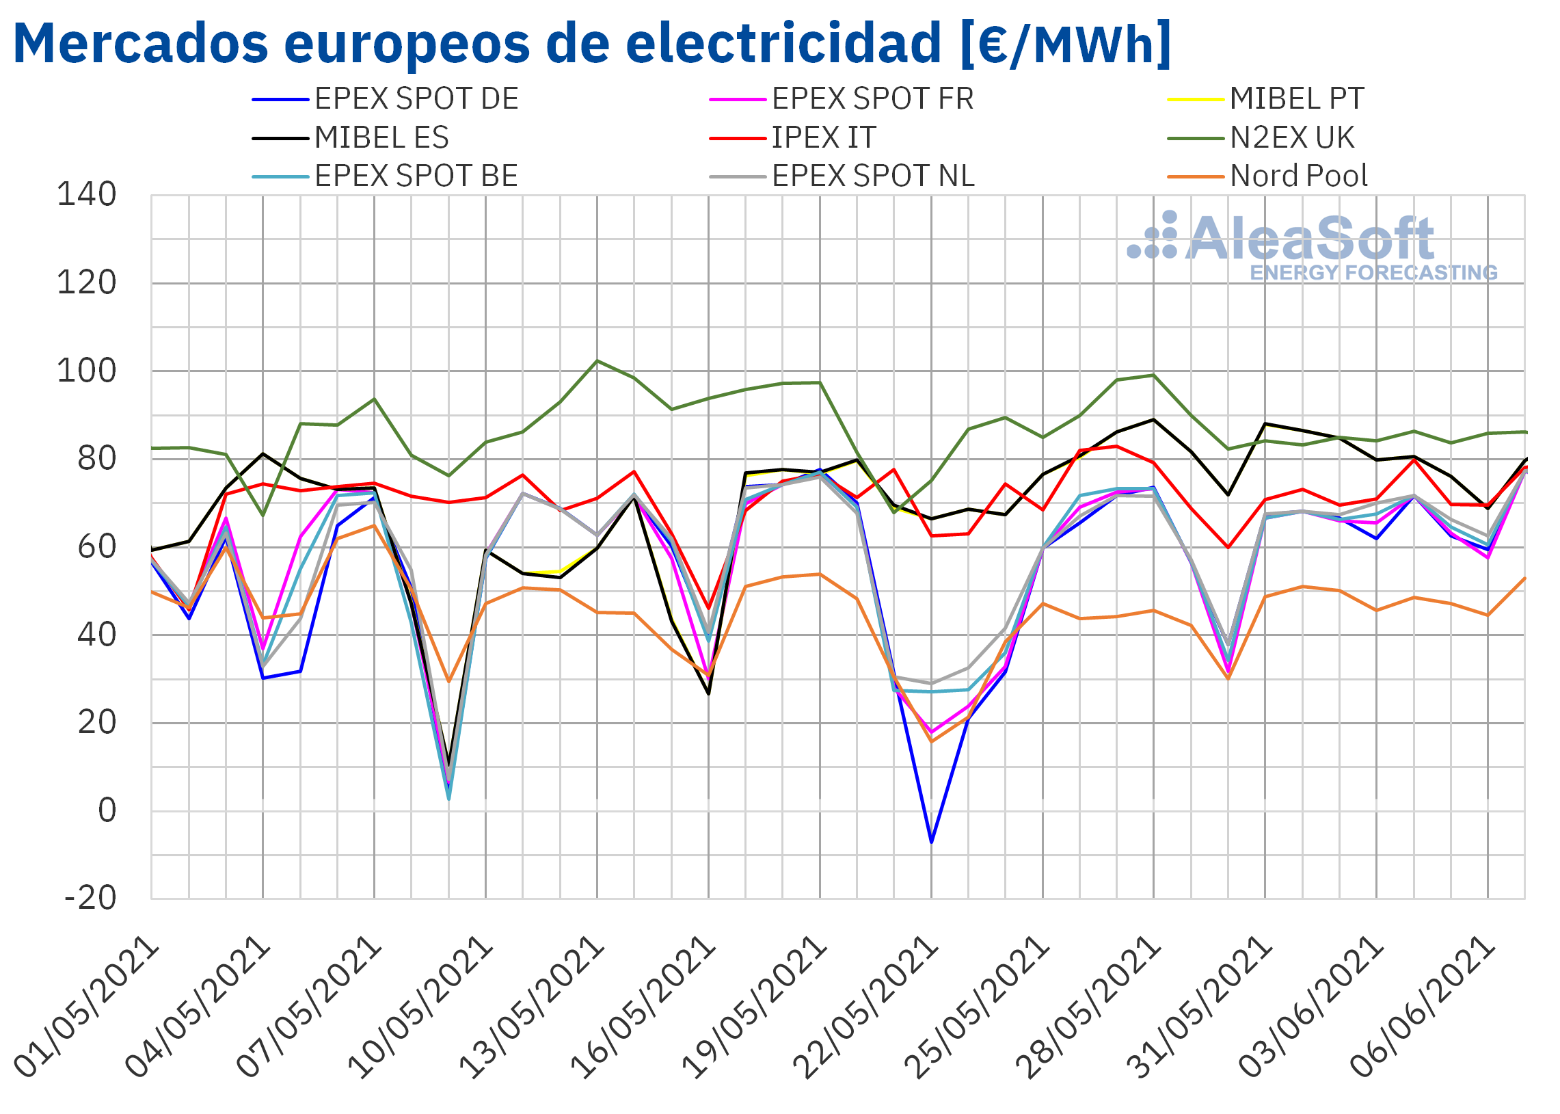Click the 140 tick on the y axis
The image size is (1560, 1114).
pos(86,195)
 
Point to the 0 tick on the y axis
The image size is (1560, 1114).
pos(107,811)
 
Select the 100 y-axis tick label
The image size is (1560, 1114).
pos(86,371)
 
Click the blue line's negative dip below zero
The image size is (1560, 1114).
pos(931,842)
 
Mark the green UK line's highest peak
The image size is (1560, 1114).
pos(597,361)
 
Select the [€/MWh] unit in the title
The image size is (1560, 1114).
pos(1066,43)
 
